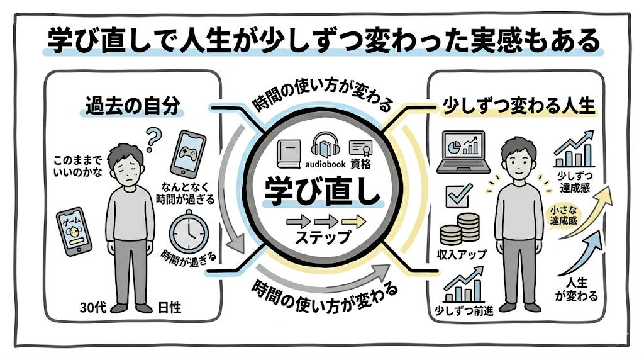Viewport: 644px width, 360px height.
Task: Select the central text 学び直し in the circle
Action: (x=322, y=191)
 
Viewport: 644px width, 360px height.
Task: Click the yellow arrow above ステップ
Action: (x=354, y=222)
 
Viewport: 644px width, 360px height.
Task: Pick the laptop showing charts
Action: (x=464, y=150)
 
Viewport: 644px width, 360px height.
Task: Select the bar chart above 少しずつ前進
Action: (x=464, y=288)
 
